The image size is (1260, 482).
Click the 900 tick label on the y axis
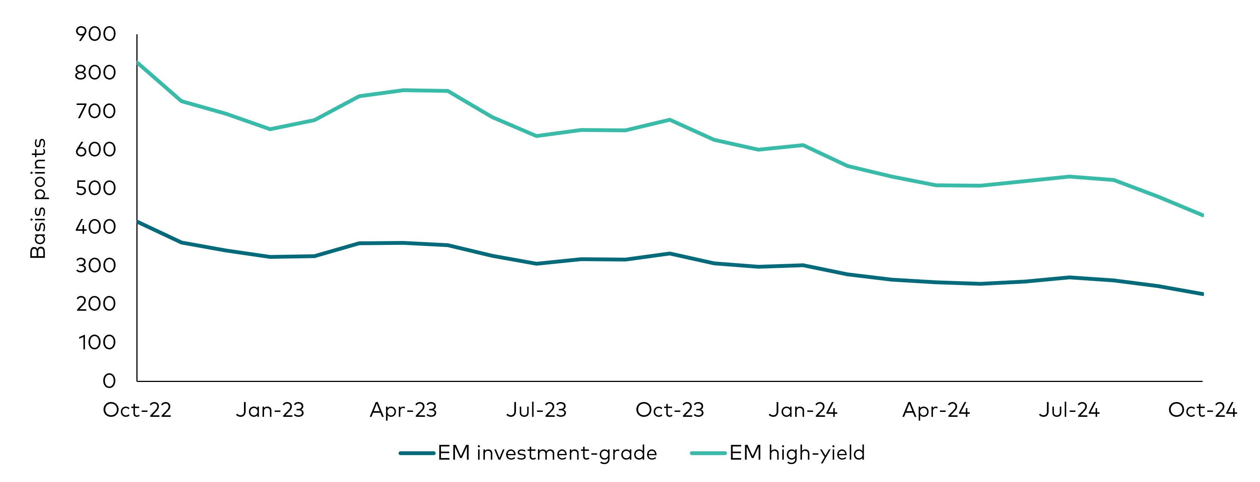coord(95,34)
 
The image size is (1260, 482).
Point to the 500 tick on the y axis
coord(95,188)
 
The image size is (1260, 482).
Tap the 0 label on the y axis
coord(109,381)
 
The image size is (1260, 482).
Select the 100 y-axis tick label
coord(97,343)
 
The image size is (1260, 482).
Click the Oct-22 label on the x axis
coord(137,410)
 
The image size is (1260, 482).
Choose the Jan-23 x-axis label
coord(270,410)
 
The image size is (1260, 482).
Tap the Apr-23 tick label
coord(403,410)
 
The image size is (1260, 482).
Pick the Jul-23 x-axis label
coord(536,410)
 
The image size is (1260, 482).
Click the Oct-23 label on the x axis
coord(670,410)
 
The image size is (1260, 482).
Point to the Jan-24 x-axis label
coord(803,410)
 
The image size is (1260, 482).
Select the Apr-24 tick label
coord(936,410)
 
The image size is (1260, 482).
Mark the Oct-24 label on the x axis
coord(1202,410)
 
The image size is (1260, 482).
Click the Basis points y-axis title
coord(38,198)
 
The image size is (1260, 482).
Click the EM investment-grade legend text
coord(547,453)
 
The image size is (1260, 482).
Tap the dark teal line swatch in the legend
coord(417,453)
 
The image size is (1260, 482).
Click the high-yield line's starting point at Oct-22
coord(138,63)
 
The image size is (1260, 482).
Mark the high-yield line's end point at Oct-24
coord(1202,215)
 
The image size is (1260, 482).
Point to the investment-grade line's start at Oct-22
coord(138,222)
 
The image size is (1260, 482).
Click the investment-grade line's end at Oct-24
coord(1202,294)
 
